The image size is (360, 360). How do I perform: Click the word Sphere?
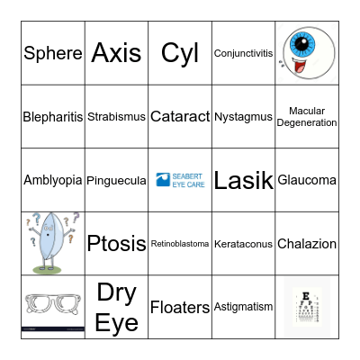[x=52, y=53]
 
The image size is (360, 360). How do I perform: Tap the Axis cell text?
[x=116, y=53]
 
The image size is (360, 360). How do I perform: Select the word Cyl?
[x=180, y=53]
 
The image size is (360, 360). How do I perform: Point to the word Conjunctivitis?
[x=243, y=53]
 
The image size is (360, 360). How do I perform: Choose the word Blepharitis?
[x=52, y=117]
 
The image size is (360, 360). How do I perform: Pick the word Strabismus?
[x=116, y=117]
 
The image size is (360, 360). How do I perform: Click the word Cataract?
[x=180, y=117]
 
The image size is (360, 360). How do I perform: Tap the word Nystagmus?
[x=243, y=117]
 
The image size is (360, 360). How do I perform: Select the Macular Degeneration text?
[x=307, y=117]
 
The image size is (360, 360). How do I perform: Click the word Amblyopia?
[x=52, y=180]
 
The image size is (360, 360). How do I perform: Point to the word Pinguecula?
[x=116, y=180]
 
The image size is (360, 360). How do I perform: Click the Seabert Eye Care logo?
[x=180, y=180]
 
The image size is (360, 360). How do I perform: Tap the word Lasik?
[x=243, y=180]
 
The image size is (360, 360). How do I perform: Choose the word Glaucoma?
[x=307, y=180]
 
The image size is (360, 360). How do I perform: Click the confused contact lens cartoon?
[x=52, y=243]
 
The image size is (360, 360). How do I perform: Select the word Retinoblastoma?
[x=180, y=244]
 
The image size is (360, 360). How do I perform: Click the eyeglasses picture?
[x=52, y=306]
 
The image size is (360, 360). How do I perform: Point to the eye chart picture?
[x=306, y=306]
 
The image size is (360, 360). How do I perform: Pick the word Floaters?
[x=180, y=307]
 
